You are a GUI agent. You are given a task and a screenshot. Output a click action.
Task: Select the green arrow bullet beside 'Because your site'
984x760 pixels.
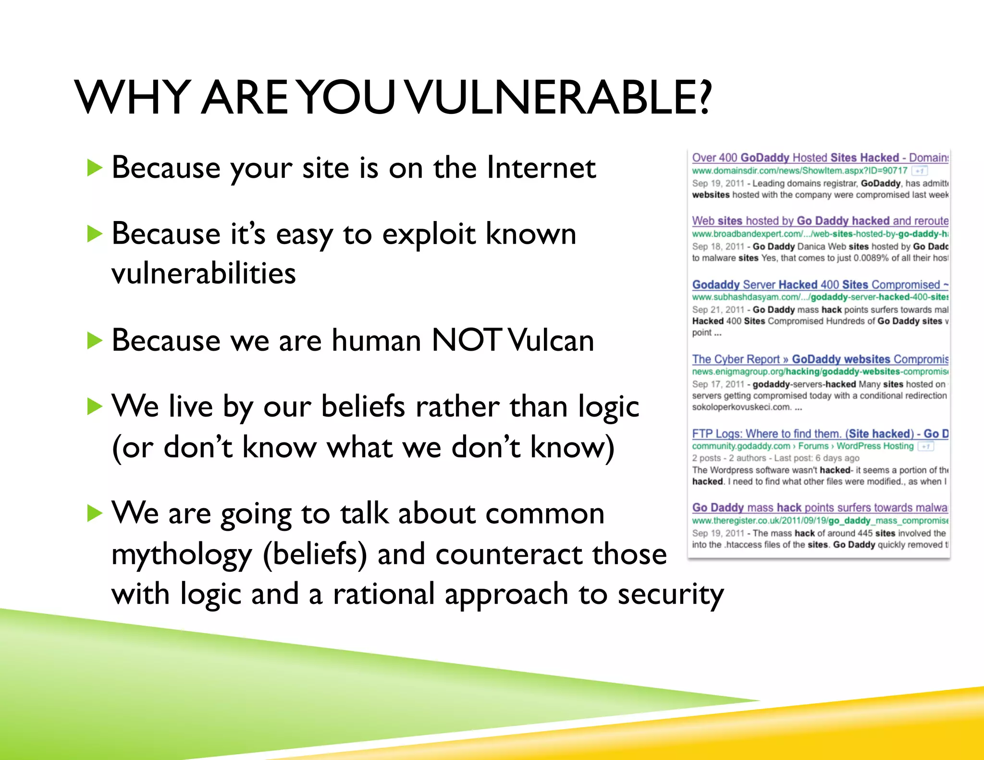(95, 168)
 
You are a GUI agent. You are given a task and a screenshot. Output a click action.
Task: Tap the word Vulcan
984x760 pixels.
(552, 340)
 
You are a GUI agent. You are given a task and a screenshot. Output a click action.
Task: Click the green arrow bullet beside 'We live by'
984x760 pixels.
(95, 407)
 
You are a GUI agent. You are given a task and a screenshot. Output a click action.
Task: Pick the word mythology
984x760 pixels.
(182, 554)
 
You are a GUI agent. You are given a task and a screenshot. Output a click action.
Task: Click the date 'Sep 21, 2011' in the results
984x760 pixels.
(718, 310)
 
